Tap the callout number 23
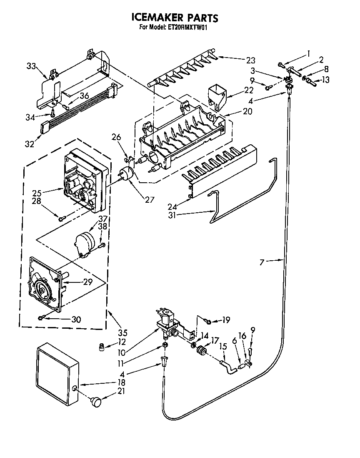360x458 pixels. point(250,60)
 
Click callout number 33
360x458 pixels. point(31,65)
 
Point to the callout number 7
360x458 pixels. point(262,262)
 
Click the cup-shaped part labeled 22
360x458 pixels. point(216,94)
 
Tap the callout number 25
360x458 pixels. point(37,193)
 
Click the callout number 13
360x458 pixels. point(325,80)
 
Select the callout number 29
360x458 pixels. point(87,282)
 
